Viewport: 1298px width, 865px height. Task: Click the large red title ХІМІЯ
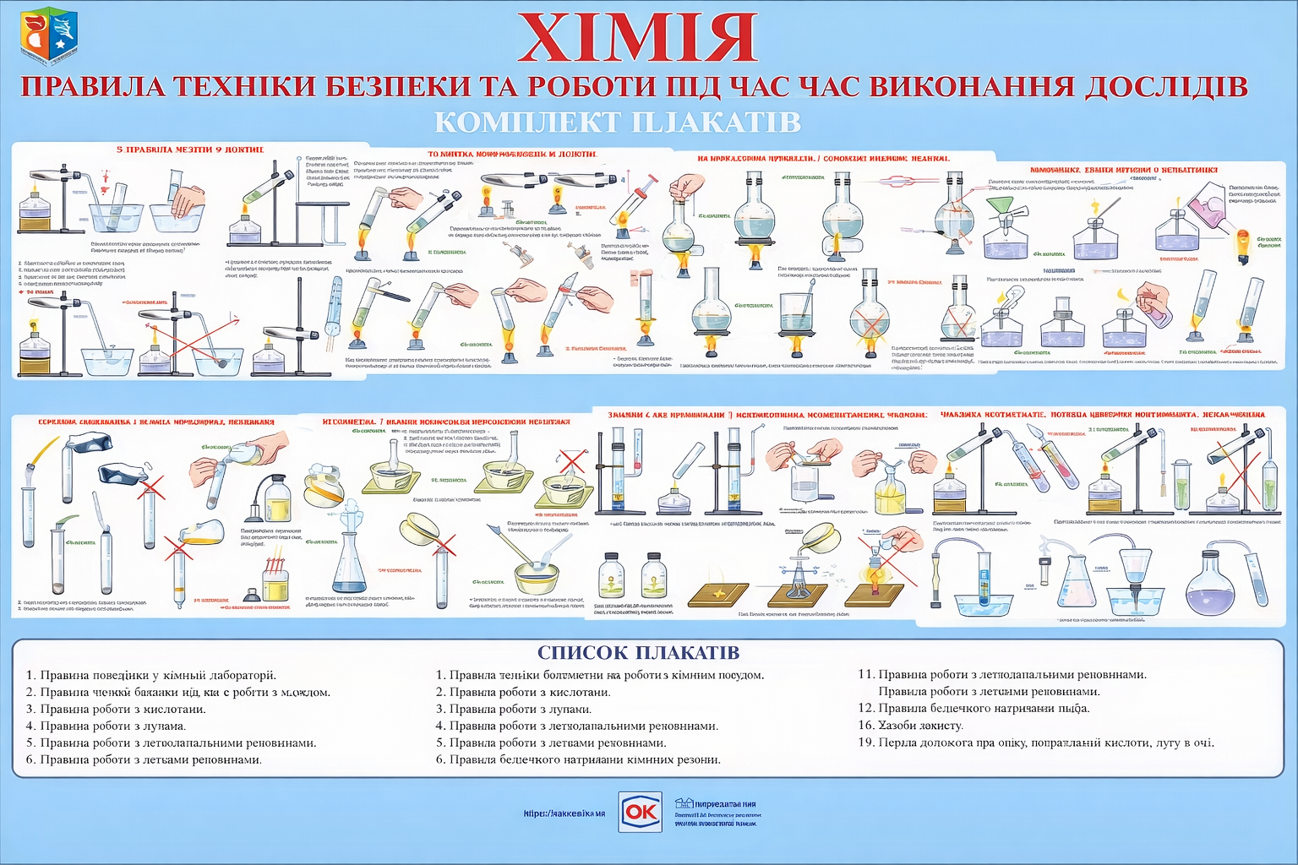coord(637,39)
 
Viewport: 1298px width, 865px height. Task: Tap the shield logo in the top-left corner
coord(48,35)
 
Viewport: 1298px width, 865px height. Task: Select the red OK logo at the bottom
coord(640,812)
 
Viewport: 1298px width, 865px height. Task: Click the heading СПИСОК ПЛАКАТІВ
coord(638,652)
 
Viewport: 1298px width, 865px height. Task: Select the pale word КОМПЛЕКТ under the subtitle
coord(527,122)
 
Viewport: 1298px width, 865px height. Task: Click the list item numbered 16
coord(910,725)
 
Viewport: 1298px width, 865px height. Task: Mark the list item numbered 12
coord(973,708)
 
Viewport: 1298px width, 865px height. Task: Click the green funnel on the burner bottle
coord(1003,208)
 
